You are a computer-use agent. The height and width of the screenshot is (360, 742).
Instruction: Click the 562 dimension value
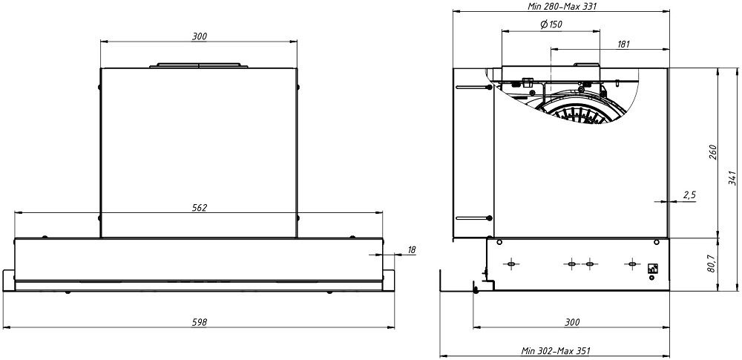198,207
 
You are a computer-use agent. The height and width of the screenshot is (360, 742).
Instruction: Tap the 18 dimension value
412,251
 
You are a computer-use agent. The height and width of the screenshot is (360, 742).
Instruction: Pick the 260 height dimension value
713,153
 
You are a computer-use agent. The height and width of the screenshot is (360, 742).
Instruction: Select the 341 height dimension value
732,179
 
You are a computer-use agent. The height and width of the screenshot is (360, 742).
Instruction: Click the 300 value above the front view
199,36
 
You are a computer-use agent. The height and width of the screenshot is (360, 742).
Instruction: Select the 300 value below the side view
572,321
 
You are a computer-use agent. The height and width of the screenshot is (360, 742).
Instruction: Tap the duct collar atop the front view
198,66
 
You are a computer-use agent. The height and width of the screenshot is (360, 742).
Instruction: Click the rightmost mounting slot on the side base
632,264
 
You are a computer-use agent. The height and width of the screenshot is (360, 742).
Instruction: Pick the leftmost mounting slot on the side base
511,264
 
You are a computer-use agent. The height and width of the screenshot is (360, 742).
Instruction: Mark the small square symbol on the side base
653,269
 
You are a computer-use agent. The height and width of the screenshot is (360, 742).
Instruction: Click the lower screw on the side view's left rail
490,218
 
